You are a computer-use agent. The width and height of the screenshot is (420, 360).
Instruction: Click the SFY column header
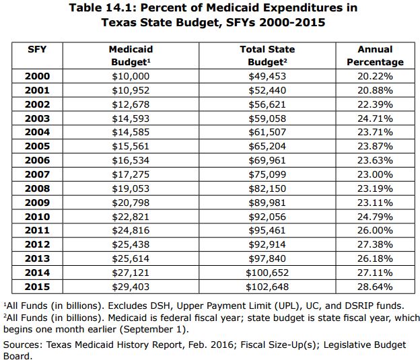tap(36, 49)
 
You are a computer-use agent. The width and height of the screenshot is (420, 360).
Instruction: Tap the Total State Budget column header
tap(267, 55)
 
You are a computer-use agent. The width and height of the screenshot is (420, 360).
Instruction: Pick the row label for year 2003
tap(36, 118)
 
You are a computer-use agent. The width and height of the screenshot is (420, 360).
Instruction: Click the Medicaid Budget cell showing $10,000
tap(131, 76)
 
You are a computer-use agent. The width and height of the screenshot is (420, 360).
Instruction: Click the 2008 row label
tap(36, 188)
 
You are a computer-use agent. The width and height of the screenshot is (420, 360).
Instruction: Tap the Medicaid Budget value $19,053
tap(131, 188)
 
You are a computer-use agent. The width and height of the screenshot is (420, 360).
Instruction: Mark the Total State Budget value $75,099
tap(267, 174)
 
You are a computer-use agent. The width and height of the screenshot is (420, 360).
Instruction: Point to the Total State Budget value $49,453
tap(267, 76)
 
